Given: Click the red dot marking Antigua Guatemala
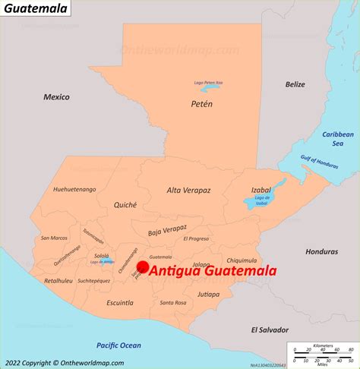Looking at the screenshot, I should coord(142,266).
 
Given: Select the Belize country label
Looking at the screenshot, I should coord(295,84).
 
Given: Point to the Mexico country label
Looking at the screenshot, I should coord(56,96).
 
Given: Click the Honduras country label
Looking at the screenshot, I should coord(321,251).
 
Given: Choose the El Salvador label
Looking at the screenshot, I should coord(270,330).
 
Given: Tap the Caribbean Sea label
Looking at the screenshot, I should coord(338,138).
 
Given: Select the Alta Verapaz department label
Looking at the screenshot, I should coord(188,191).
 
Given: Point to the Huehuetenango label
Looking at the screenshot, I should coord(74,189).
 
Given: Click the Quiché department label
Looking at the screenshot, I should coord(125,204).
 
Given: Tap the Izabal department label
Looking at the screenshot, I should coord(261,191).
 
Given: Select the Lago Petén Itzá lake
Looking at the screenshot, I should coord(209,88).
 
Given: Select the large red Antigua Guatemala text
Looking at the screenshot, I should coord(212,271).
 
